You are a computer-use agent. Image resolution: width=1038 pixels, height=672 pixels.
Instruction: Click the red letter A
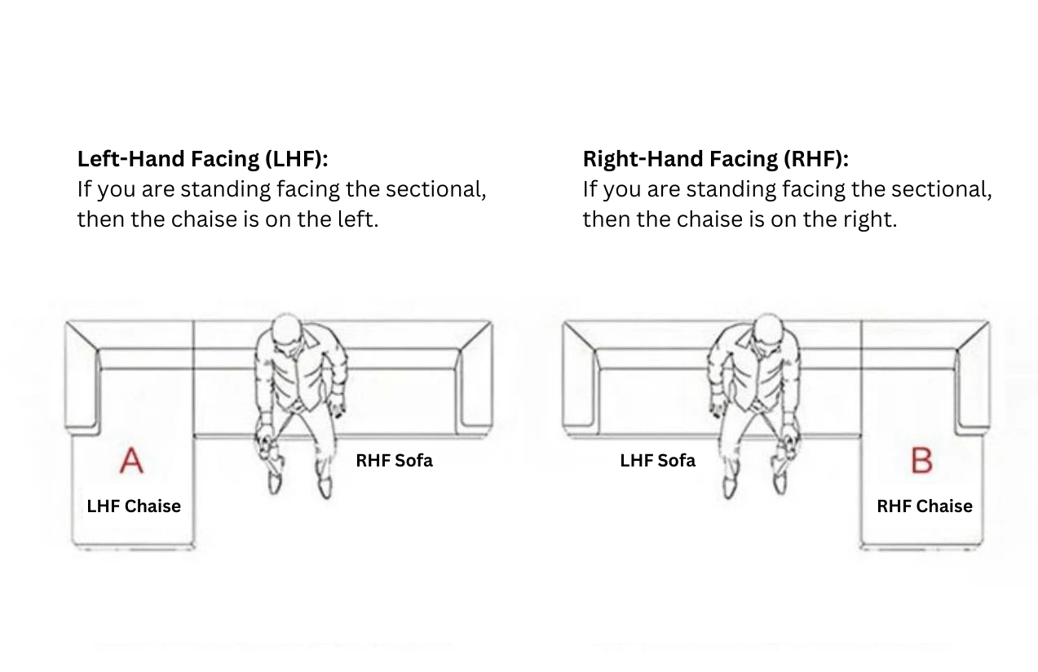click(x=131, y=460)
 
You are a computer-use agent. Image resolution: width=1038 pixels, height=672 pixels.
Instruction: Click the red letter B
click(x=921, y=460)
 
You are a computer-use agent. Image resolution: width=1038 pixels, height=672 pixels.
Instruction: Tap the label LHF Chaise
click(x=134, y=506)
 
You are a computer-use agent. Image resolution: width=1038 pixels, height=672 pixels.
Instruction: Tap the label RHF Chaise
click(x=925, y=506)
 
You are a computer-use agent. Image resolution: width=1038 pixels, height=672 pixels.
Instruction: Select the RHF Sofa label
click(x=394, y=460)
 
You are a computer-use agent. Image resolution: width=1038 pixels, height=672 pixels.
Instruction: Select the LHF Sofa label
click(x=657, y=460)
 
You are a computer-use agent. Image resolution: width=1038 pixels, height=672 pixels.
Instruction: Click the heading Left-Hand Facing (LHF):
click(x=202, y=159)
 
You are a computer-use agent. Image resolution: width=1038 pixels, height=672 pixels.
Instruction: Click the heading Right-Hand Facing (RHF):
click(x=715, y=159)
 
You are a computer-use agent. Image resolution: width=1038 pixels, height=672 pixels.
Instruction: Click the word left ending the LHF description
click(x=358, y=219)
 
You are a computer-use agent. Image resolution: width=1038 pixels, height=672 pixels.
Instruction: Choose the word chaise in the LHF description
click(x=204, y=219)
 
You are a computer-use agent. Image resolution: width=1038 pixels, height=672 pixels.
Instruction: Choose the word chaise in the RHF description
click(x=709, y=219)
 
